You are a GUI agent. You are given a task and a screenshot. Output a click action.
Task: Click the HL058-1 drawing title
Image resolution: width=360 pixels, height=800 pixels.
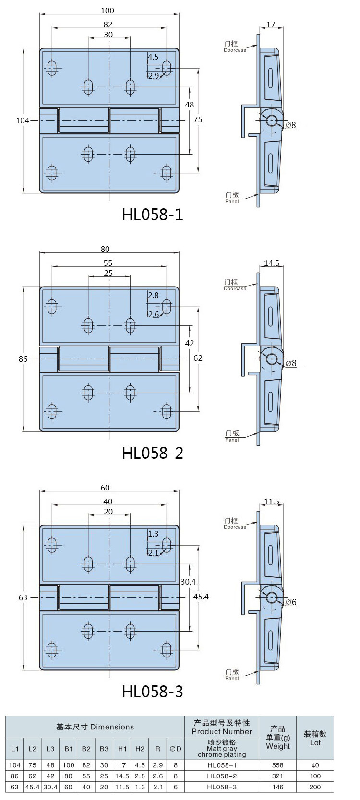pos(153,215)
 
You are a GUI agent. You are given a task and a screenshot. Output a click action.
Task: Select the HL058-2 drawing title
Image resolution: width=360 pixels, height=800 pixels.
pos(153,453)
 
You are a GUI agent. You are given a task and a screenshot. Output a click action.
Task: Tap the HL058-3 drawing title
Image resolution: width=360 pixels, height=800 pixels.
pos(153,692)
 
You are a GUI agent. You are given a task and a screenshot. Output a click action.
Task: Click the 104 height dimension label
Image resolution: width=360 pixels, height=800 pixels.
pos(23,121)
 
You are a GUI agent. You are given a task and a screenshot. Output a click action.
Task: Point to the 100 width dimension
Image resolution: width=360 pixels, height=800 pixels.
pos(107,11)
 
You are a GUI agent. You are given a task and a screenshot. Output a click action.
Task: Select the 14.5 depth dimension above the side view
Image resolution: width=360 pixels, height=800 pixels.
pos(271,263)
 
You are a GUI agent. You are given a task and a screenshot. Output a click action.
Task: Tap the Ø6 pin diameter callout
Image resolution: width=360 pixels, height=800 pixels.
pos(291,602)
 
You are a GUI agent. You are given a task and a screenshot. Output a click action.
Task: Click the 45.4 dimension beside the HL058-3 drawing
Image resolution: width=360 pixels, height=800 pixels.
pos(201,597)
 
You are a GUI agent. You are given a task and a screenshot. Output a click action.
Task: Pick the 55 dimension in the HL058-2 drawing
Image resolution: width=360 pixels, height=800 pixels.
pos(108,263)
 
